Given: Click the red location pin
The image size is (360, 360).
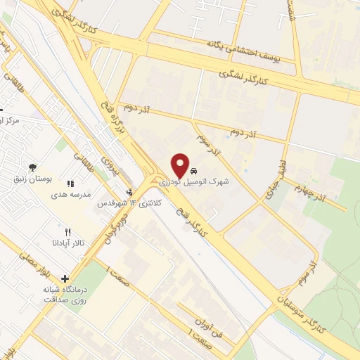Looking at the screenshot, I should click(181, 165).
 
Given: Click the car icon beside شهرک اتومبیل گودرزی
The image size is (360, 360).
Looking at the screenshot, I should click(194, 171).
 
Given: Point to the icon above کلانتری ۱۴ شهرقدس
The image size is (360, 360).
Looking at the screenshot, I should click(129, 191).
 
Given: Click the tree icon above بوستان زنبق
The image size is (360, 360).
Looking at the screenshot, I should click(32, 167).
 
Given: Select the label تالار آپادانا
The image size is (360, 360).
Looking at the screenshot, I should click(68, 243).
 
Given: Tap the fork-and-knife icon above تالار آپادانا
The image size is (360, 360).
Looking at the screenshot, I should click(68, 231).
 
